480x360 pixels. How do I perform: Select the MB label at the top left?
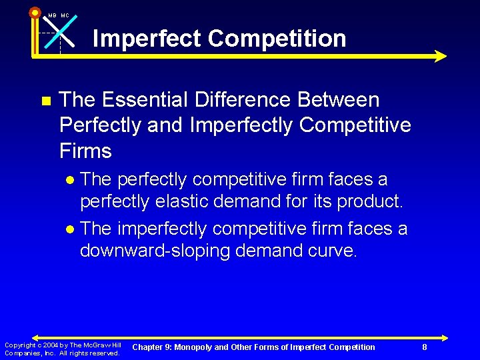pos(52,15)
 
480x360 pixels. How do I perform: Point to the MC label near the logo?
pos(65,15)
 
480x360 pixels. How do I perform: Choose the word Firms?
pos(85,151)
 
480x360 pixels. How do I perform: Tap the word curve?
pos(333,251)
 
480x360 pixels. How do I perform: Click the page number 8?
pos(425,347)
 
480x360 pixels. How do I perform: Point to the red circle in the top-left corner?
pos(35,11)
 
